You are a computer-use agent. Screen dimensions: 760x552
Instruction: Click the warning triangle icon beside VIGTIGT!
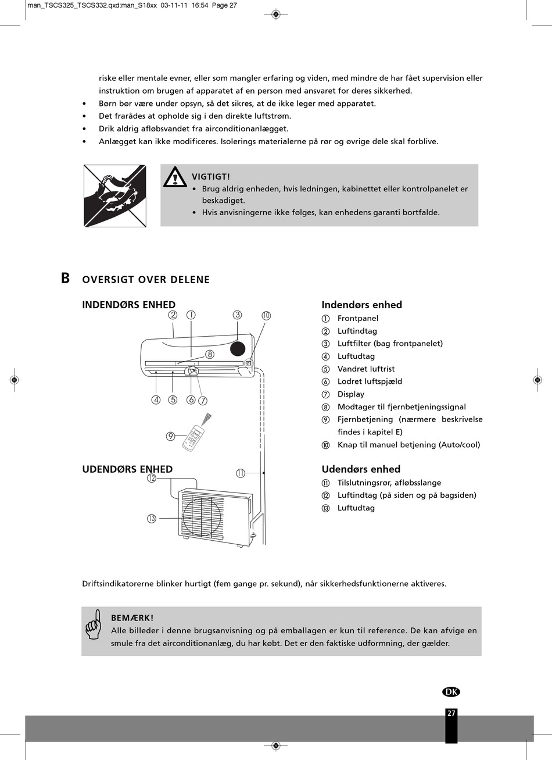pyautogui.click(x=174, y=177)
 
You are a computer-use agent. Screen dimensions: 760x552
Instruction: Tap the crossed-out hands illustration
pyautogui.click(x=115, y=195)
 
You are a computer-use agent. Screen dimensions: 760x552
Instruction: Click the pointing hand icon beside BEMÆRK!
pyautogui.click(x=94, y=625)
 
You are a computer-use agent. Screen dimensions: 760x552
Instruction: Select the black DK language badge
pyautogui.click(x=451, y=691)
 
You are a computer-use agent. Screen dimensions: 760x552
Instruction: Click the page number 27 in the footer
pyautogui.click(x=451, y=713)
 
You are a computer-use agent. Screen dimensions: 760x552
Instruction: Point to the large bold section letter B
pyautogui.click(x=66, y=278)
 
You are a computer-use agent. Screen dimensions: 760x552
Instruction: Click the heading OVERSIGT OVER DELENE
pyautogui.click(x=146, y=280)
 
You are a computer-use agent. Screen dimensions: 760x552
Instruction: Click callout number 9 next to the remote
pyautogui.click(x=171, y=436)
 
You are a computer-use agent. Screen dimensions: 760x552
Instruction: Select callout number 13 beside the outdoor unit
pyautogui.click(x=152, y=519)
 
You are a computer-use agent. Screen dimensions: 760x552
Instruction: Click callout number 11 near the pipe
pyautogui.click(x=241, y=473)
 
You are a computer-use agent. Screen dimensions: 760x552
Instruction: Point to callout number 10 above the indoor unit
pyautogui.click(x=266, y=316)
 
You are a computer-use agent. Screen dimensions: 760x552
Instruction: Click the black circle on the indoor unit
pyautogui.click(x=237, y=348)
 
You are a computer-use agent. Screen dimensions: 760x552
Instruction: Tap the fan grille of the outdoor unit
pyautogui.click(x=202, y=515)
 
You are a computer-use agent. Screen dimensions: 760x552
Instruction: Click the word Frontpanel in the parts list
pyautogui.click(x=357, y=318)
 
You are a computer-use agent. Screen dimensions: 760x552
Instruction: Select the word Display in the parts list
pyautogui.click(x=351, y=394)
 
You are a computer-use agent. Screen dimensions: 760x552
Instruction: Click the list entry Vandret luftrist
pyautogui.click(x=366, y=369)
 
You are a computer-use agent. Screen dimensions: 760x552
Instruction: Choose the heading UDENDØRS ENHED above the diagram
pyautogui.click(x=127, y=469)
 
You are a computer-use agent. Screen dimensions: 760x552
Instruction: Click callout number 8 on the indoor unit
pyautogui.click(x=210, y=354)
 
